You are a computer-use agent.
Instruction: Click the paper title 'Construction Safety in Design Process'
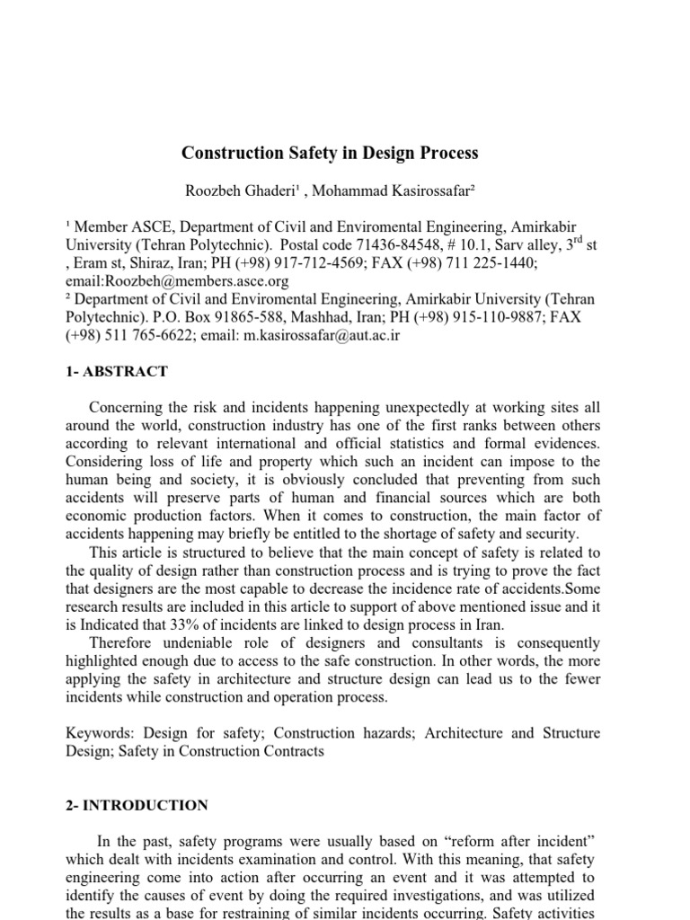click(330, 153)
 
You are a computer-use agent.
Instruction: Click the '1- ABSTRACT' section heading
click(117, 371)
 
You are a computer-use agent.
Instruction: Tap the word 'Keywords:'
click(101, 734)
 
